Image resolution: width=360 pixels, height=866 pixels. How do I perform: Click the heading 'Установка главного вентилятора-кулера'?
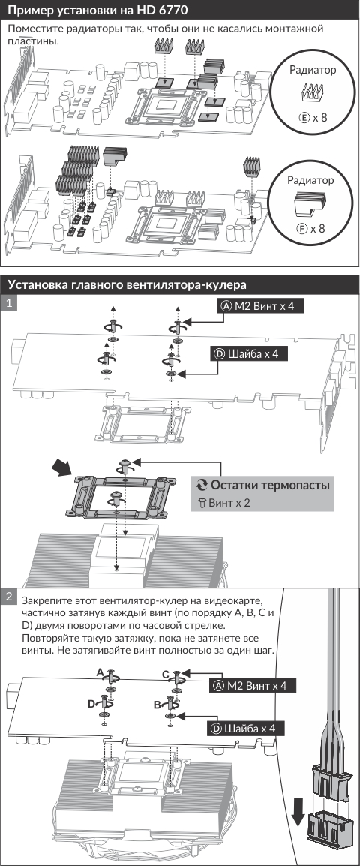[127, 284]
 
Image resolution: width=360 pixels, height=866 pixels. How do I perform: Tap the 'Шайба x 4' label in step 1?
[249, 354]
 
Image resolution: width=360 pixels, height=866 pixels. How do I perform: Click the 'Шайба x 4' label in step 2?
[247, 729]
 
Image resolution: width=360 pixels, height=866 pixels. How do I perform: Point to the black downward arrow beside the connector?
[298, 813]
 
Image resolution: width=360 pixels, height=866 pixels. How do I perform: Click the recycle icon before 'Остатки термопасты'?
[202, 486]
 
